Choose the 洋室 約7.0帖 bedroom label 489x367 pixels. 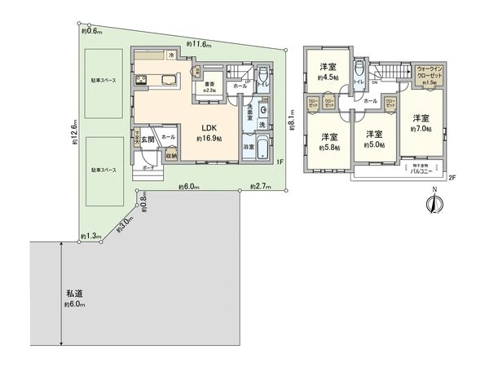click(x=420, y=123)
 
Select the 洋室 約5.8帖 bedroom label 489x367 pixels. click(x=329, y=139)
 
